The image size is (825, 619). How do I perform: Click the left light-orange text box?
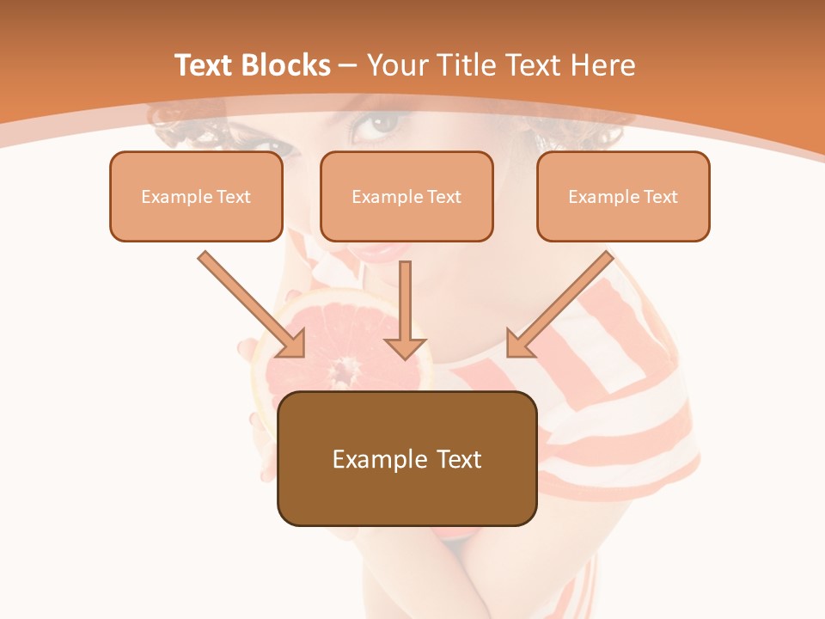coord(196,196)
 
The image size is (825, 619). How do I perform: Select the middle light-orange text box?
coord(406,196)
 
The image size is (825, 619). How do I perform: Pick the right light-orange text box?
coord(623,196)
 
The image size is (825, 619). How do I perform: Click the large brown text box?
coord(406,458)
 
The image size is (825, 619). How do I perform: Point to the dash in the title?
coord(348,65)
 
